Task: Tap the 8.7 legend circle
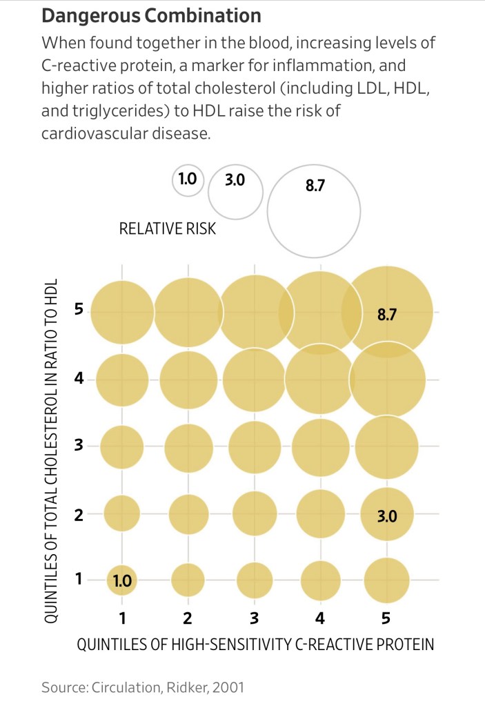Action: (314, 209)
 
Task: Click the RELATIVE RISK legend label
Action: (168, 228)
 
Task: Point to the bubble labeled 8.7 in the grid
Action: (387, 312)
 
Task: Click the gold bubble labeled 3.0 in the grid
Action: (387, 513)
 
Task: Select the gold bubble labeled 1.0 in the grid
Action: (122, 580)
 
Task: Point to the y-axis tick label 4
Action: (79, 379)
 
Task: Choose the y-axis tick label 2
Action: (79, 513)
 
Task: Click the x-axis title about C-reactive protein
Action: (255, 645)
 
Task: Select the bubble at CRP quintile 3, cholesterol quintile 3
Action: (255, 447)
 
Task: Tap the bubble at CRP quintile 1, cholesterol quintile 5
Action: (122, 312)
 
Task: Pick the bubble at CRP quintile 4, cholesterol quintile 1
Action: (321, 580)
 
